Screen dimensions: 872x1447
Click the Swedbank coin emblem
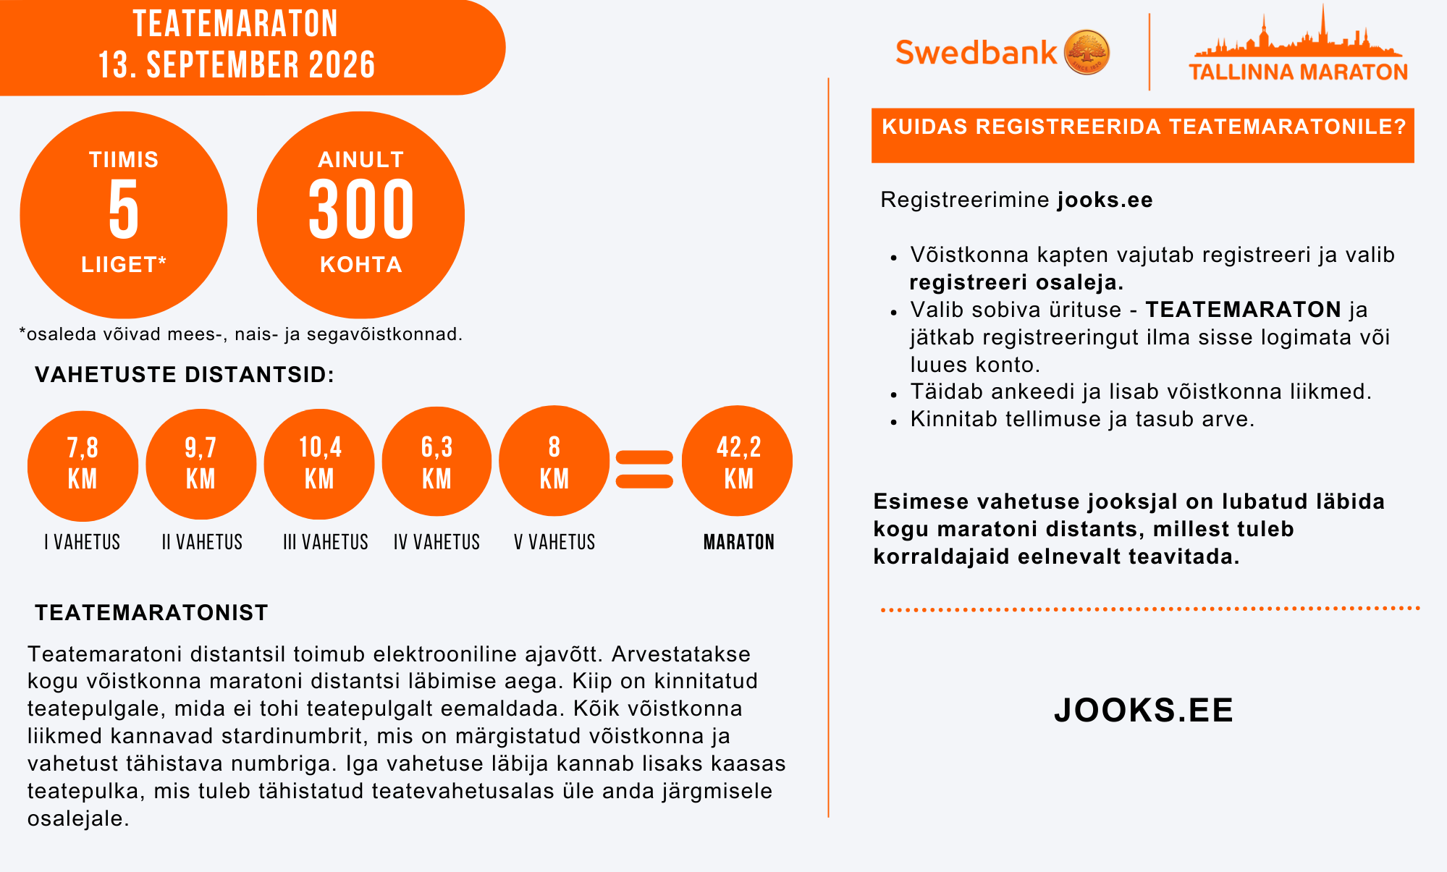(1087, 52)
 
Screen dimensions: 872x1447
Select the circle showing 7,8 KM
(83, 464)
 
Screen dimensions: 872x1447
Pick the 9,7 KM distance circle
(201, 464)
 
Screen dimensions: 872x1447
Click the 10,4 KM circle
(319, 464)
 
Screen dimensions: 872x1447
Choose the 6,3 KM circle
(436, 462)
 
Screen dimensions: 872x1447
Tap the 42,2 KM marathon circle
(738, 462)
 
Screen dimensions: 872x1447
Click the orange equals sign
(644, 469)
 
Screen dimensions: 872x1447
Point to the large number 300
(361, 210)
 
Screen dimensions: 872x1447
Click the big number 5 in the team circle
(124, 210)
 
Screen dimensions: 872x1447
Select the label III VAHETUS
(326, 542)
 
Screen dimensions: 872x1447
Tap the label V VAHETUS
(554, 542)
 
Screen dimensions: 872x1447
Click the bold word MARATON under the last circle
(738, 542)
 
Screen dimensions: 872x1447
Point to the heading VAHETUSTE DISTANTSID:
(185, 375)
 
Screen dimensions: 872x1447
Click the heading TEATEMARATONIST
(151, 613)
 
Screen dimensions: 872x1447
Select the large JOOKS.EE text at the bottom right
(1144, 710)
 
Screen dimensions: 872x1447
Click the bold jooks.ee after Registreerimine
(1105, 200)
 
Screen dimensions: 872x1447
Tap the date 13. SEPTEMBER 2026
(237, 65)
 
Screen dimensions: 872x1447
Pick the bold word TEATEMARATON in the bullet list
(1243, 310)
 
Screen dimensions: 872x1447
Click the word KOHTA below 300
(361, 265)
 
